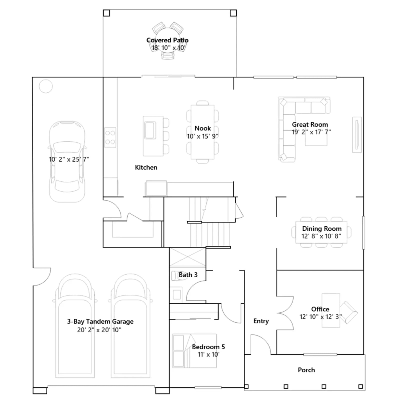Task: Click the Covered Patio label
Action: pyautogui.click(x=167, y=40)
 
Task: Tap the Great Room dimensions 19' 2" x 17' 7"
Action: pyautogui.click(x=311, y=132)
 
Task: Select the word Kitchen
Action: pyautogui.click(x=146, y=167)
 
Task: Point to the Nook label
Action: pyautogui.click(x=202, y=128)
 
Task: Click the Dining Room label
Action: pyautogui.click(x=322, y=228)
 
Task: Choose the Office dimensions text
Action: pyautogui.click(x=320, y=316)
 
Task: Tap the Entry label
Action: pyautogui.click(x=261, y=321)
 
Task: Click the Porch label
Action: pyautogui.click(x=306, y=370)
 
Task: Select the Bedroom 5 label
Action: pyautogui.click(x=208, y=347)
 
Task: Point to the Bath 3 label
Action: pyautogui.click(x=188, y=275)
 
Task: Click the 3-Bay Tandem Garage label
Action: pyautogui.click(x=100, y=321)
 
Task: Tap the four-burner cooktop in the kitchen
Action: pyautogui.click(x=110, y=137)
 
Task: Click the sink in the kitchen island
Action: pyautogui.click(x=150, y=130)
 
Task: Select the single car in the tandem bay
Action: pyautogui.click(x=67, y=161)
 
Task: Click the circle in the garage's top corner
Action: pyautogui.click(x=46, y=86)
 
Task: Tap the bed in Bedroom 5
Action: pyautogui.click(x=194, y=351)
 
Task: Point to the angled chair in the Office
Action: pyautogui.click(x=348, y=312)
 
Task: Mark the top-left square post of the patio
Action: pyautogui.click(x=106, y=13)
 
